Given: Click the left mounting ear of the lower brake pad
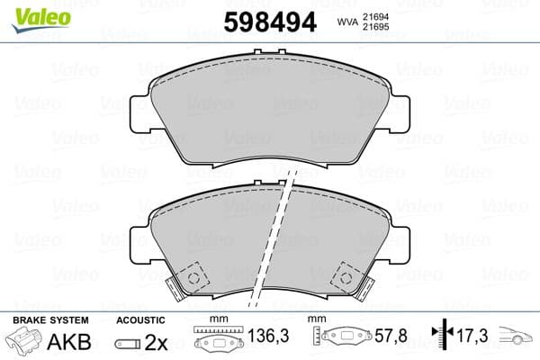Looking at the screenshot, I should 139,242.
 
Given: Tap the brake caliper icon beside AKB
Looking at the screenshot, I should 25,343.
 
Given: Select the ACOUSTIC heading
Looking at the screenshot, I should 141,319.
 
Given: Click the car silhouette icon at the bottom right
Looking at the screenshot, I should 517,338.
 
